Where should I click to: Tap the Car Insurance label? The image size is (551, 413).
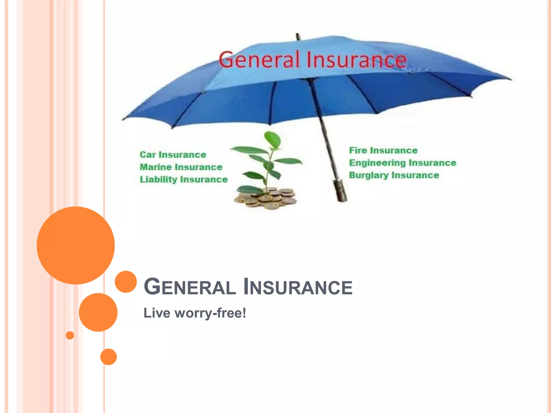173,155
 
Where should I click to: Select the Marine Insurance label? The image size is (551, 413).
181,167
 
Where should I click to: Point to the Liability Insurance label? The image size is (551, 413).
183,179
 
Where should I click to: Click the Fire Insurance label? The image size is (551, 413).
383,150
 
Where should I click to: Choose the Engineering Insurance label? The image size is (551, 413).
402,163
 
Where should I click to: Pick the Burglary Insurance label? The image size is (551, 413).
394,175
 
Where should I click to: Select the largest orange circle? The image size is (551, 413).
76,245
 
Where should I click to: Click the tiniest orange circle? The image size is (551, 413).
70,335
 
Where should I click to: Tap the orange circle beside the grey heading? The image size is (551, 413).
126,282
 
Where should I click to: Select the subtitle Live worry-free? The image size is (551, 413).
195,313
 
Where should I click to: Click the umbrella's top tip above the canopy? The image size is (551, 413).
297,35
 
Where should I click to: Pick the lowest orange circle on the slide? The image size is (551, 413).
108,357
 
